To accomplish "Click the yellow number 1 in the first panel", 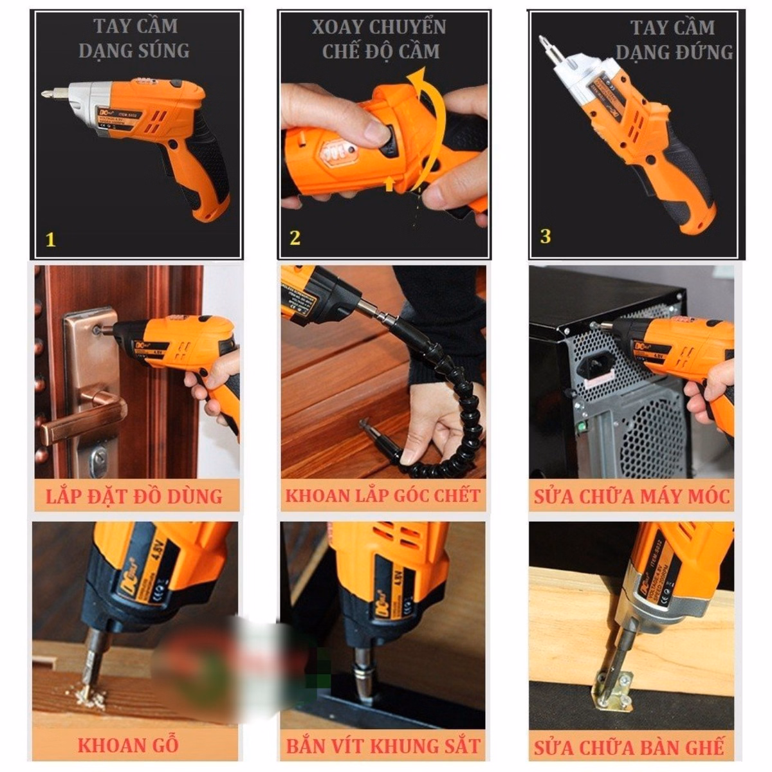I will coord(51,240).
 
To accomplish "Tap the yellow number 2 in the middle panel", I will coord(295,238).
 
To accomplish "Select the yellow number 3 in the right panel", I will coord(546,236).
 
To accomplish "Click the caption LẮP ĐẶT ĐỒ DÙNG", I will coord(134,496).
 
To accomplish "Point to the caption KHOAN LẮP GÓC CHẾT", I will coord(383,495).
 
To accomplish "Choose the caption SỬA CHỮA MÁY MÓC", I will coord(632,497).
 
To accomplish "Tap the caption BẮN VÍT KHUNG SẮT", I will coord(383,746).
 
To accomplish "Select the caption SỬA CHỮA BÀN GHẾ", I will coord(629,747).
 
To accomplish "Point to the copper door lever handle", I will coord(84,418).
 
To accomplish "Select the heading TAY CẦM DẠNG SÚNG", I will coord(134,39).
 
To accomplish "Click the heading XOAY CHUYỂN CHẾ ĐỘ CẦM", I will coord(380,39).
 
